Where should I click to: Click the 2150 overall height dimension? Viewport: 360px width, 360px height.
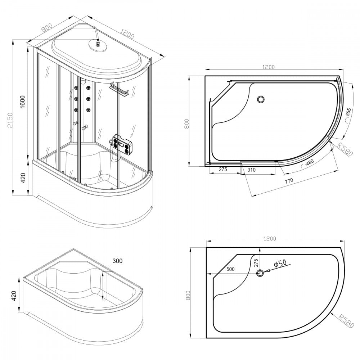tap(10, 120)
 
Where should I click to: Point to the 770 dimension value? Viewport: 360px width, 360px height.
tap(289, 181)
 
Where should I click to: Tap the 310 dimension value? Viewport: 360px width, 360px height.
tap(252, 170)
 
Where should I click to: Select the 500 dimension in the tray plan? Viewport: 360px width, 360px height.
tap(230, 269)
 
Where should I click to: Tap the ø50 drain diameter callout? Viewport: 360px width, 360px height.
tap(280, 263)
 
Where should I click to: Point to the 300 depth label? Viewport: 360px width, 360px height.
tap(118, 261)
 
